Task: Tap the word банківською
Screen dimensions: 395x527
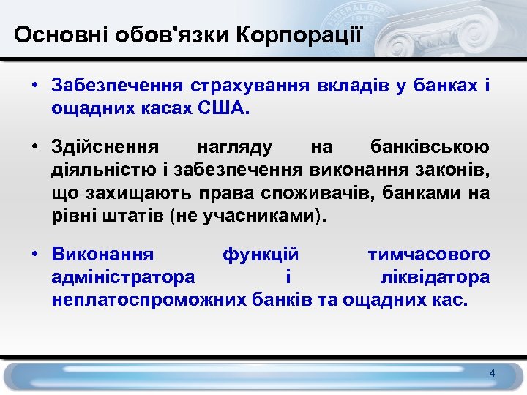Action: (430, 147)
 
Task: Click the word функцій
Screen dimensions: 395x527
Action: (260, 255)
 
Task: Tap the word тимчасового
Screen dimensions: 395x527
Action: (428, 255)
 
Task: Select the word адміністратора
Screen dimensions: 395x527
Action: (123, 278)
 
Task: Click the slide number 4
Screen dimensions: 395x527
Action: (493, 374)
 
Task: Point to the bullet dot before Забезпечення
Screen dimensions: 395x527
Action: (34, 86)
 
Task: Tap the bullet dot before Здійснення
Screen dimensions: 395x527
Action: (34, 147)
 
